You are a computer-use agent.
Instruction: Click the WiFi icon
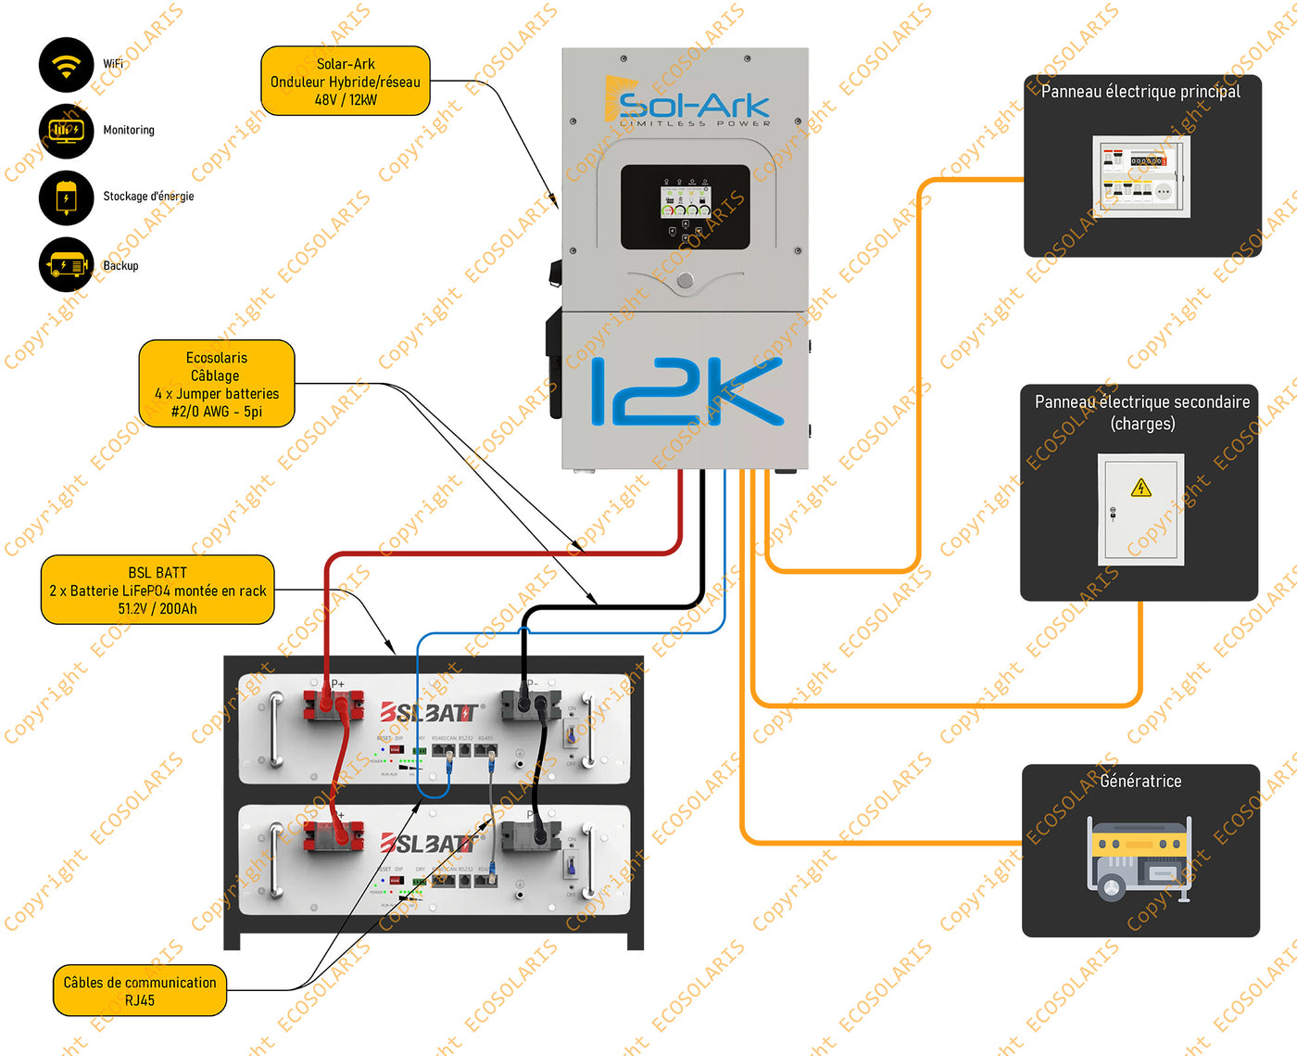pos(66,65)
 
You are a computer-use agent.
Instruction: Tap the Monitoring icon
pos(66,131)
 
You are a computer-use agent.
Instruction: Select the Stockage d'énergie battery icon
pos(66,197)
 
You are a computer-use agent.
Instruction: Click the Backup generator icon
pos(66,265)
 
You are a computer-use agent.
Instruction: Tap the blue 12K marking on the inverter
pos(686,391)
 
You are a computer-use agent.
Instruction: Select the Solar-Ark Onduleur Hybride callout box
pos(346,82)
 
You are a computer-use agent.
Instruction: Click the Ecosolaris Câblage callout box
pos(217,384)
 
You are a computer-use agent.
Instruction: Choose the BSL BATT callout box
pos(157,591)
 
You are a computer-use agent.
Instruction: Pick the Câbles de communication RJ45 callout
pos(140,991)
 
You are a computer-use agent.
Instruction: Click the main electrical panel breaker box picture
pos(1140,176)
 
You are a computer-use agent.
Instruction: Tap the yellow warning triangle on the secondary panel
pos(1141,488)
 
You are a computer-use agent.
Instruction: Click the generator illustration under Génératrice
pos(1139,858)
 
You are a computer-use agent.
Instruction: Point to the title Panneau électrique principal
pos(1140,92)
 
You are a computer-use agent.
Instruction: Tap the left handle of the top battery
pos(275,730)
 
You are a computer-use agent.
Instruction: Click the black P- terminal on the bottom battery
pos(531,837)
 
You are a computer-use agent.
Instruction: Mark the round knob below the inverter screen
pos(685,281)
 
